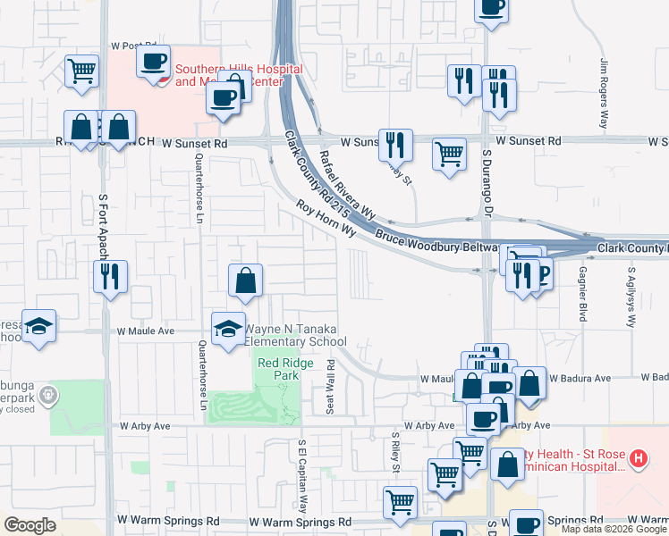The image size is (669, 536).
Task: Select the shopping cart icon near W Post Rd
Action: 81,71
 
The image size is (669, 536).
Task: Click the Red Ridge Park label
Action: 278,369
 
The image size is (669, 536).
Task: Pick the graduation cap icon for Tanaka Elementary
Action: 228,327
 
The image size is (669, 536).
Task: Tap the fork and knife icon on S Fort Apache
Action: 111,275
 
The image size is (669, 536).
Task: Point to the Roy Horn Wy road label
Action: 326,218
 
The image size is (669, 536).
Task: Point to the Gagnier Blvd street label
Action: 582,293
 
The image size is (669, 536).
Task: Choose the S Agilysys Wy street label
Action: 631,296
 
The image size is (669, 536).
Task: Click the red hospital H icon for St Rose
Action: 638,459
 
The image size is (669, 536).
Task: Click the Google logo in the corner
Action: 30,525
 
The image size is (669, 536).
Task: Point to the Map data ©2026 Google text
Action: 613,529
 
